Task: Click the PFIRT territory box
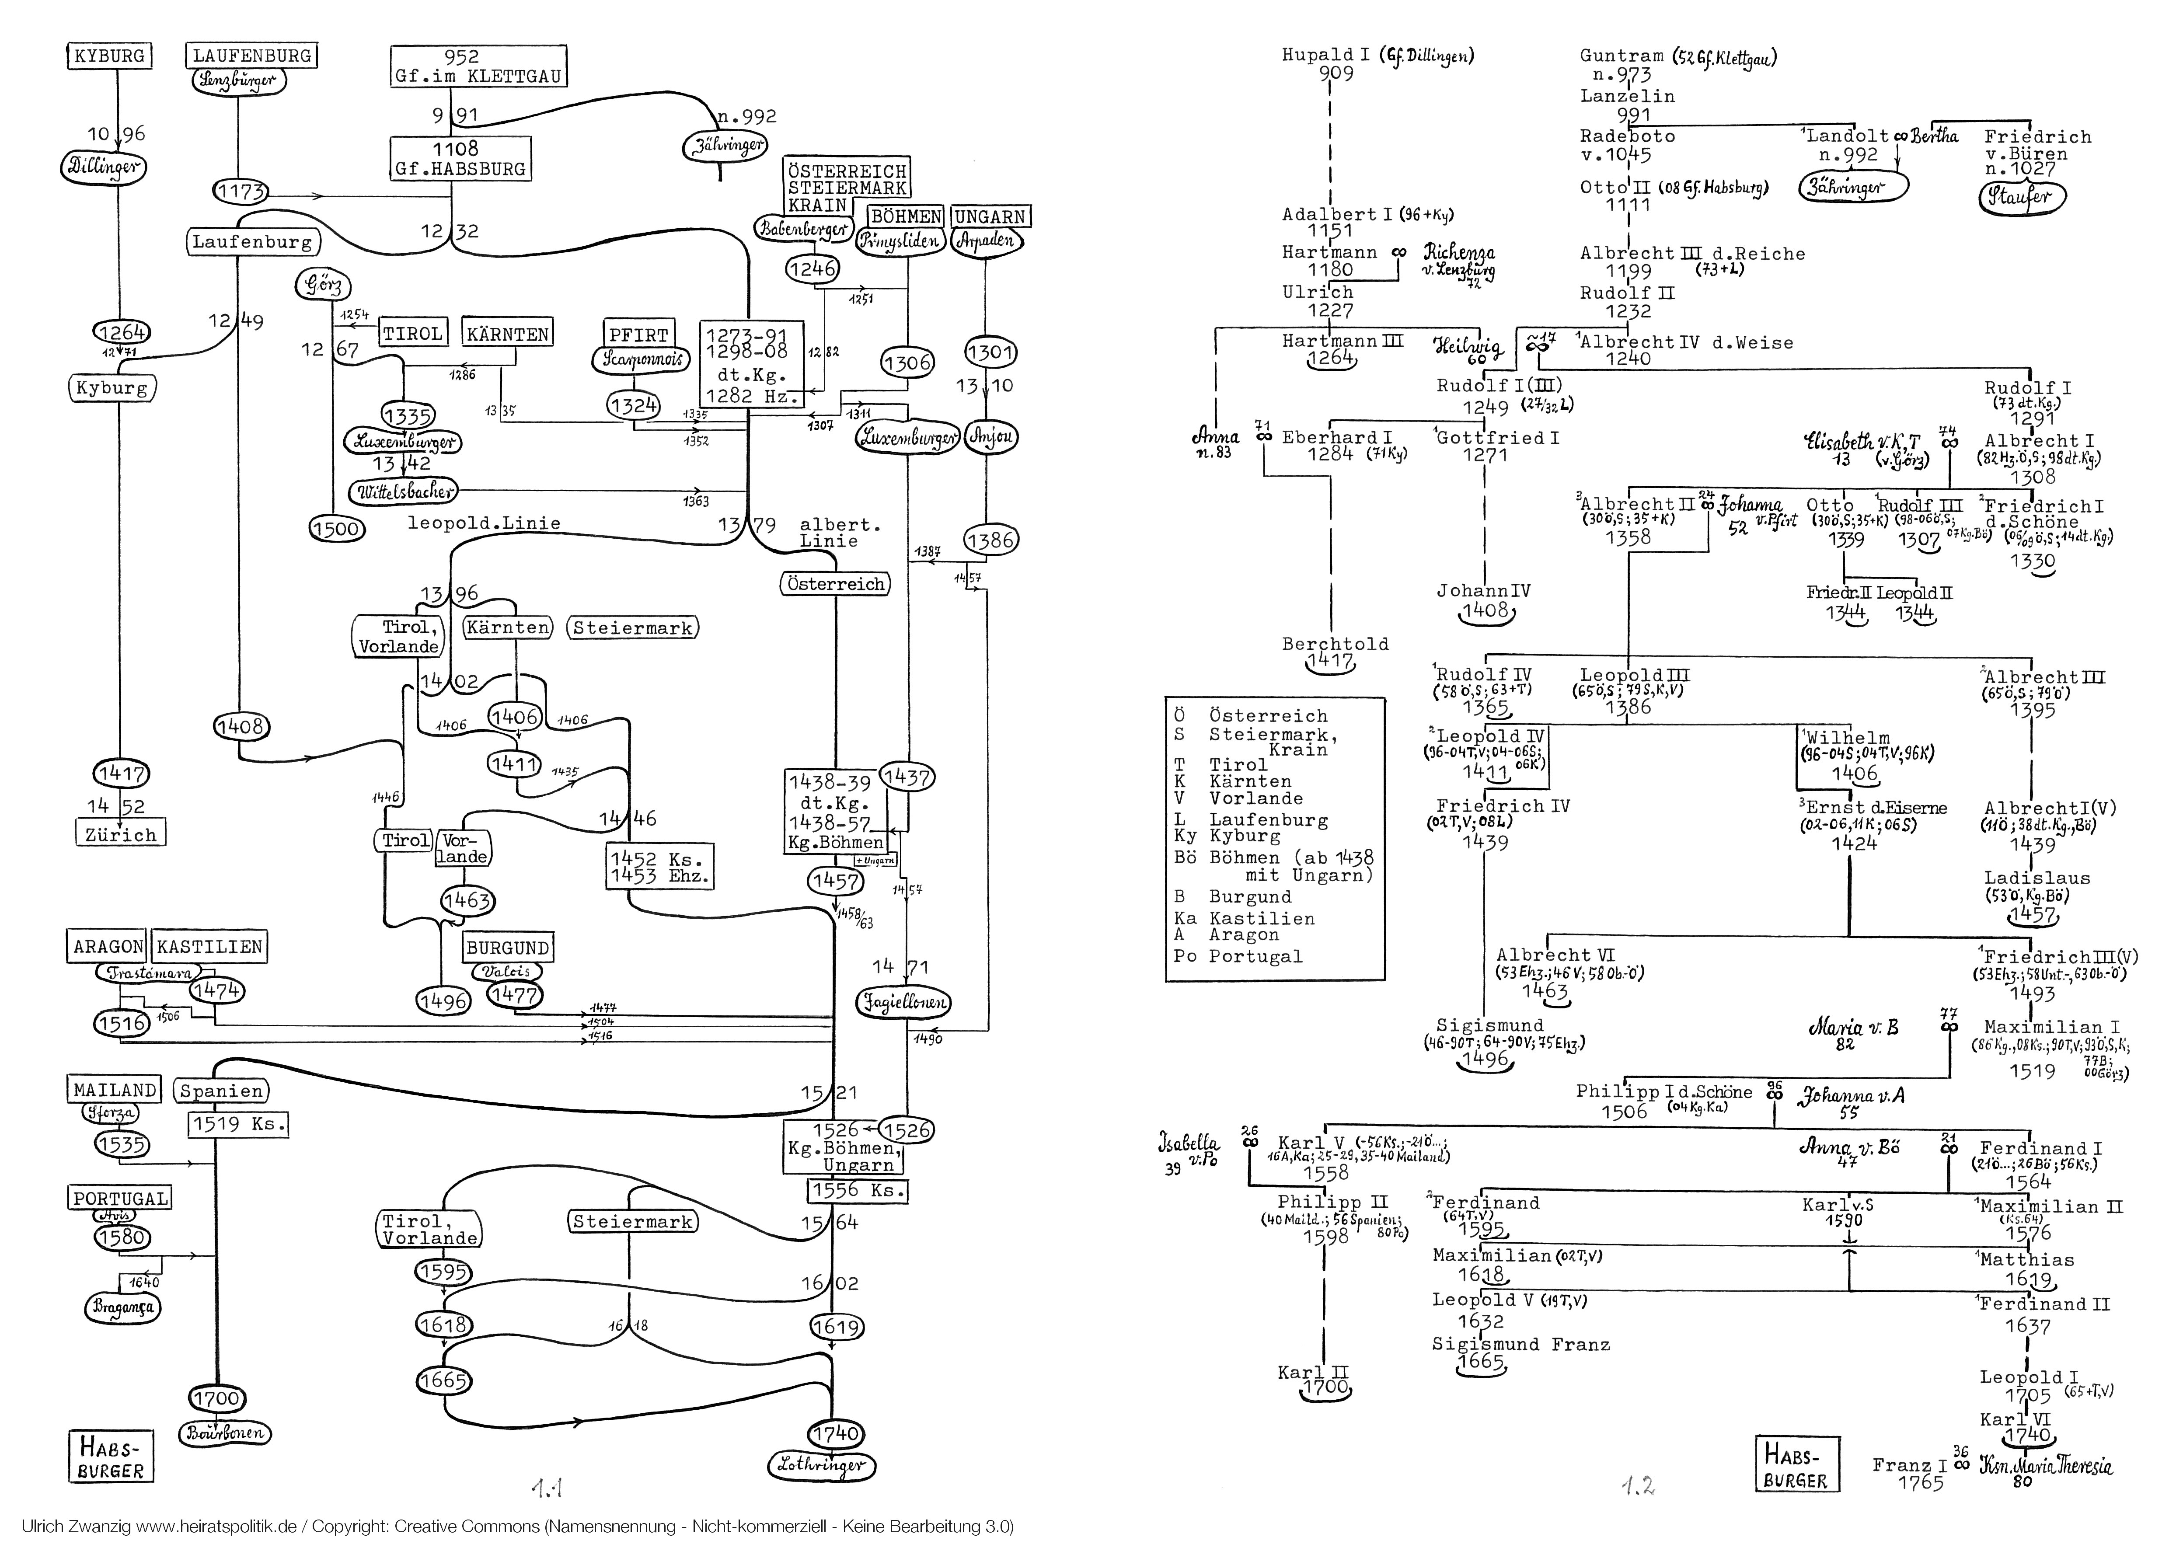click(x=638, y=335)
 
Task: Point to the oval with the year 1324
click(x=633, y=406)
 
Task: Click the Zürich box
click(x=120, y=835)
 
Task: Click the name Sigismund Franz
click(x=1520, y=1344)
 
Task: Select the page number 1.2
click(x=1638, y=1487)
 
